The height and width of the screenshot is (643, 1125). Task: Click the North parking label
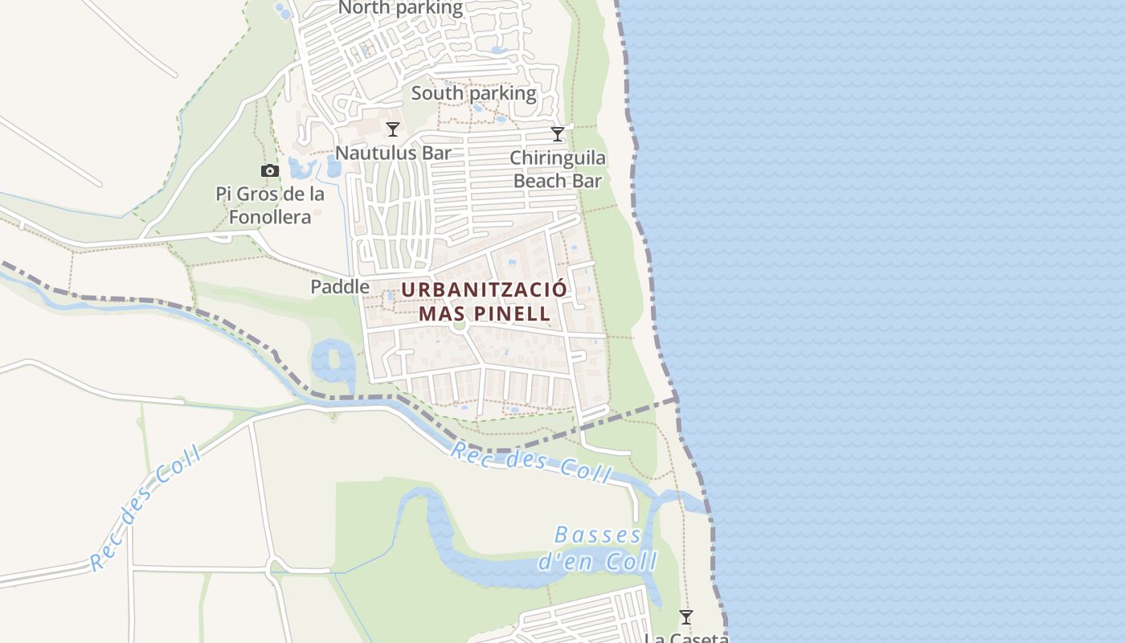point(400,9)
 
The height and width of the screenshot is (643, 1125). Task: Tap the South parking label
point(473,93)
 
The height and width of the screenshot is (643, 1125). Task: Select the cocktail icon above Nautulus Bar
point(393,129)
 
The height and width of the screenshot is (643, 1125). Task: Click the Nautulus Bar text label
point(393,153)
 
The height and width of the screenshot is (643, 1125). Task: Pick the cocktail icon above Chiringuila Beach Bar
point(558,134)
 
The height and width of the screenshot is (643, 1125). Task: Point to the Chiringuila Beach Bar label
point(558,169)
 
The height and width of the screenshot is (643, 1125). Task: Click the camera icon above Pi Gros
point(270,170)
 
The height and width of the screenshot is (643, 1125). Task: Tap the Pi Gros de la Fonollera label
point(270,205)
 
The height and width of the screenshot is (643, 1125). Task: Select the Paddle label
point(340,287)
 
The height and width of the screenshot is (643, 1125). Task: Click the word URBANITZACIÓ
point(484,289)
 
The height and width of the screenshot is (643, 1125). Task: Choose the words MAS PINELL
point(484,313)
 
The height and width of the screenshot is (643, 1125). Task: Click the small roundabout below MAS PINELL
point(459,326)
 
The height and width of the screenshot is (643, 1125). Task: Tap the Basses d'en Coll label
point(598,548)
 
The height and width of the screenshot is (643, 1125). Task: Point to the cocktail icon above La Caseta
point(685,617)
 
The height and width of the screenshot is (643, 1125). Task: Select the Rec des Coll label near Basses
point(530,462)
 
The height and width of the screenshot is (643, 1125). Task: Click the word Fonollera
point(270,217)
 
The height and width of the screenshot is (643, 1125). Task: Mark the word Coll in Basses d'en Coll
point(631,561)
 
